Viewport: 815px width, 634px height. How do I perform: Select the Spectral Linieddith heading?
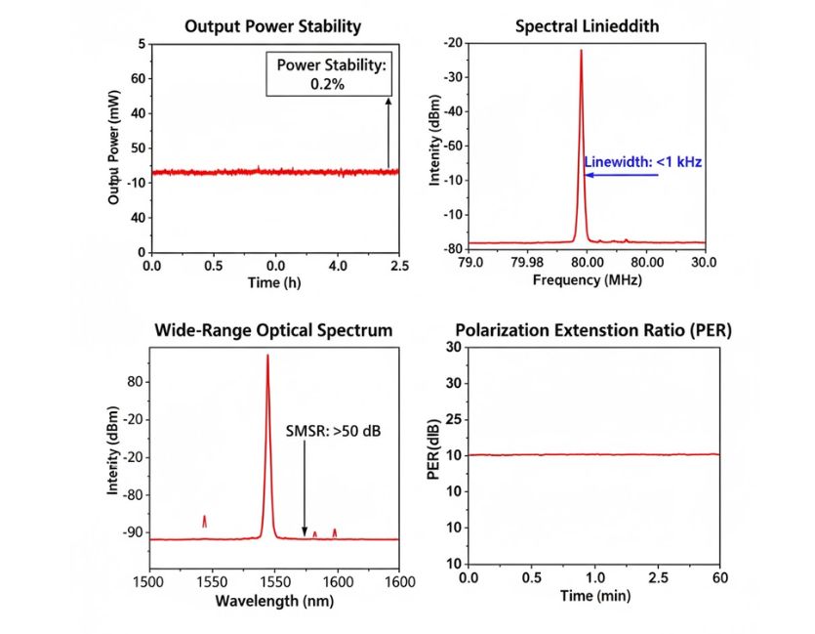click(x=587, y=26)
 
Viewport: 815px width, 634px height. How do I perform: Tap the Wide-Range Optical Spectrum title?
click(x=273, y=330)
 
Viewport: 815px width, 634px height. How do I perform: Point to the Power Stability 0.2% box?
click(x=333, y=75)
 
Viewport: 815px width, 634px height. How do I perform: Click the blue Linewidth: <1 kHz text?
click(x=642, y=162)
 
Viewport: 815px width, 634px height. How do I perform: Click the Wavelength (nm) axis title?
click(x=273, y=599)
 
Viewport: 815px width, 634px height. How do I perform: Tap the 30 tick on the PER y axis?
click(x=452, y=347)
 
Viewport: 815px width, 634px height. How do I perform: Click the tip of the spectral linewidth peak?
click(x=581, y=51)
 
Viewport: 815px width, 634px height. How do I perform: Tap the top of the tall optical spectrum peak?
click(x=267, y=356)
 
